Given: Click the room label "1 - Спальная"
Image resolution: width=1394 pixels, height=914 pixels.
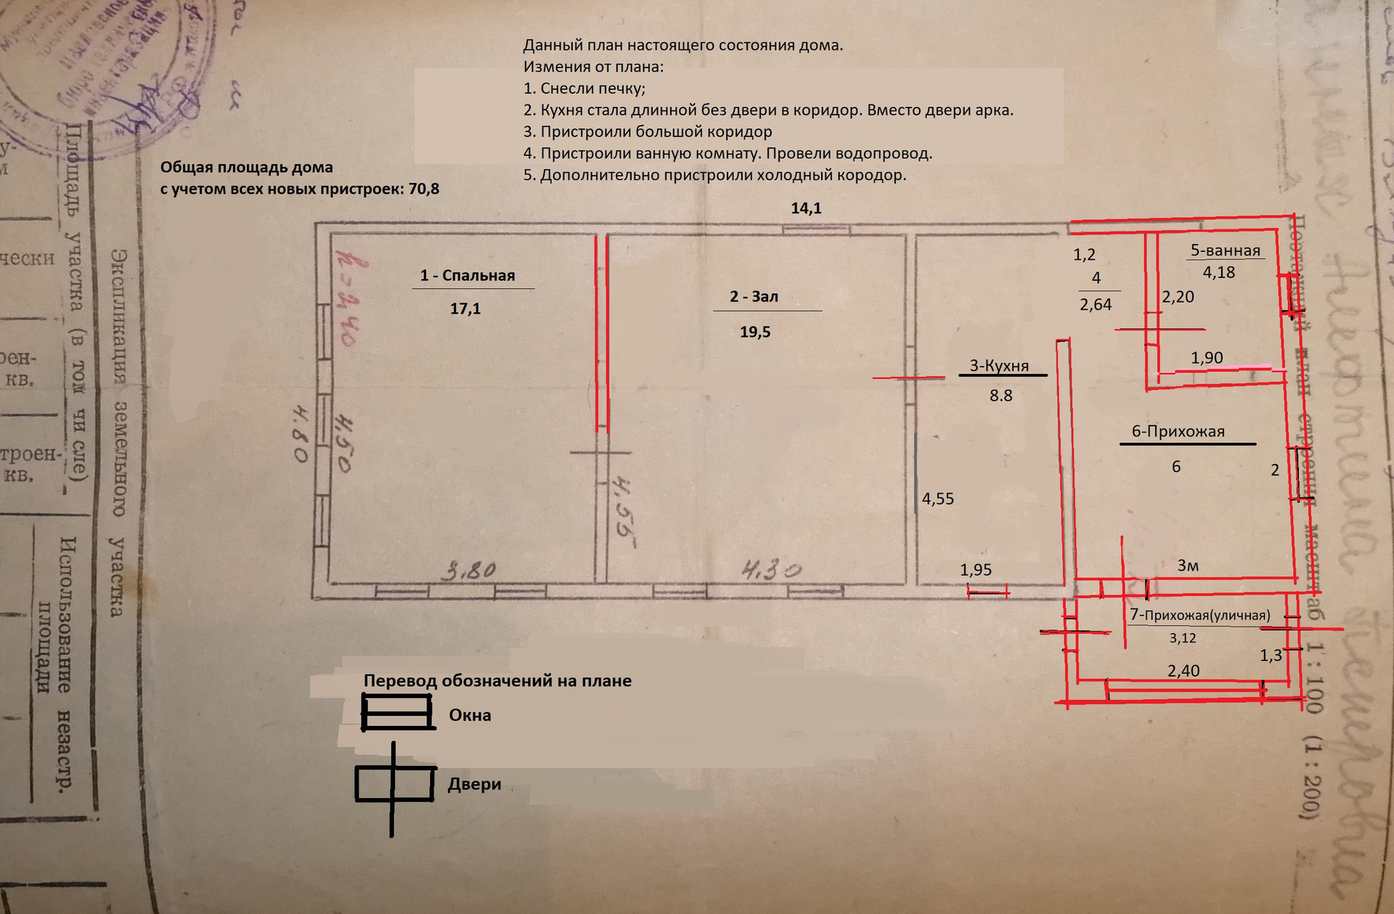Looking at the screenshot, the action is [x=467, y=276].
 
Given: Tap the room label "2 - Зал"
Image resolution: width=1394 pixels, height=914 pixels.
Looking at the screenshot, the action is [x=754, y=297].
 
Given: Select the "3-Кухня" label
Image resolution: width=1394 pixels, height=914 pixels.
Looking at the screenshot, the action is [x=999, y=366].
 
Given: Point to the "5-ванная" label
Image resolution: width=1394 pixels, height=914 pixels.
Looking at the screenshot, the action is [x=1225, y=251].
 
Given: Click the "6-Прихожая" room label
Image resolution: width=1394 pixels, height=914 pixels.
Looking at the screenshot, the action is [x=1178, y=431].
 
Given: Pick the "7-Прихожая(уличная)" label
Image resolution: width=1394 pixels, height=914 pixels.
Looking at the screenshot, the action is [x=1199, y=616].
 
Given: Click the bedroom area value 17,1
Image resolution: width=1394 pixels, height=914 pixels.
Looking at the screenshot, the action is [x=465, y=309].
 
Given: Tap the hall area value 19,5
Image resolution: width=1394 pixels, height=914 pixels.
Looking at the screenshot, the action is [x=755, y=332].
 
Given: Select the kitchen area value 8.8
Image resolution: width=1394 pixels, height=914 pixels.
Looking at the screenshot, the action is [x=1000, y=396].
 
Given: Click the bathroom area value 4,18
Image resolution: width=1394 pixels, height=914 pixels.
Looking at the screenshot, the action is [x=1218, y=273].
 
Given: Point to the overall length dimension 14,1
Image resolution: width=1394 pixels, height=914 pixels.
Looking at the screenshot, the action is [x=806, y=209].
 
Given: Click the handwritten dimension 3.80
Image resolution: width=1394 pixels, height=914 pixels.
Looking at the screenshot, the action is [x=470, y=570].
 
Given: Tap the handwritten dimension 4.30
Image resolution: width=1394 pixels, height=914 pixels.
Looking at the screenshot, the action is [x=771, y=570].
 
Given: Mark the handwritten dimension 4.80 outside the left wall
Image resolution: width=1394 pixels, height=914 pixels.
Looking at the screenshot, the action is [x=301, y=433].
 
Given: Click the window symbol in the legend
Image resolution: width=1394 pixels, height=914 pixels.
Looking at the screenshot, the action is [x=396, y=712].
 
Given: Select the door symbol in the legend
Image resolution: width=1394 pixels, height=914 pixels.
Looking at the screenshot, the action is [x=394, y=785].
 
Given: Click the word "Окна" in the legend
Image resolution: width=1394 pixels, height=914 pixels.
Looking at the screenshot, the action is [x=470, y=716].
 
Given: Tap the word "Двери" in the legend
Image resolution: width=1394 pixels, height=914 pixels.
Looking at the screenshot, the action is [x=474, y=785].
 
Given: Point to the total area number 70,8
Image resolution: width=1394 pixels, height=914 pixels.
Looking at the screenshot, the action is [x=423, y=189].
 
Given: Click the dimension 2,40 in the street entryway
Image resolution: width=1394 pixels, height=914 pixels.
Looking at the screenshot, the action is [x=1183, y=671].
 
